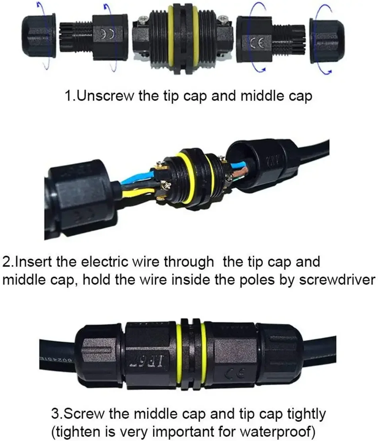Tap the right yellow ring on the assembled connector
click(204, 354)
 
